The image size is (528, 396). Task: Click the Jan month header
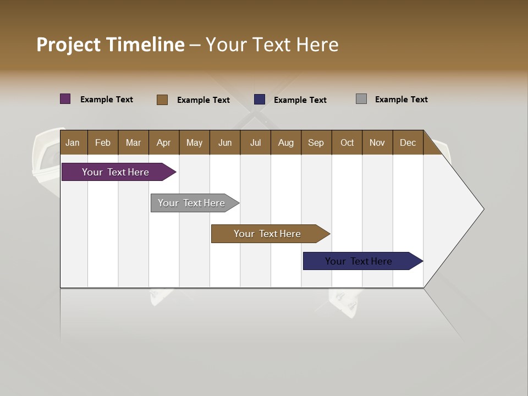coord(73,142)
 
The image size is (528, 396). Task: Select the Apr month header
coord(164,142)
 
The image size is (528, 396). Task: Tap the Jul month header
coord(255,142)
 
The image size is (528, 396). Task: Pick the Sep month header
coord(316,142)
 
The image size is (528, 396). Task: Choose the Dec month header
coord(408,142)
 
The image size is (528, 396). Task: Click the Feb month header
coord(103,142)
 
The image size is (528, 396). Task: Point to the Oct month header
coord(347,142)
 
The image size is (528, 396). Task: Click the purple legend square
coord(65,99)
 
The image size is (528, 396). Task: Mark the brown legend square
coord(162,100)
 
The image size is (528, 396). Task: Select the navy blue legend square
coord(260,100)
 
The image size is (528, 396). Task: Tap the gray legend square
coord(361,99)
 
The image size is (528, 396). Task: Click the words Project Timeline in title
coord(111,45)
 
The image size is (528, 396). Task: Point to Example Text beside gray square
coord(401,100)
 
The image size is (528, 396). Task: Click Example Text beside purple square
coord(107,100)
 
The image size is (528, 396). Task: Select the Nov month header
coord(377,142)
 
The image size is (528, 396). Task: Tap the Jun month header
coord(225,142)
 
